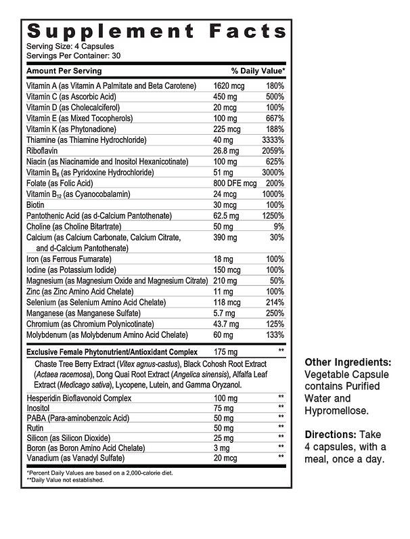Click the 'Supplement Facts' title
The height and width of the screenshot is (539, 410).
click(x=156, y=31)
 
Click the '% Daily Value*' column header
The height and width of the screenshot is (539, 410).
click(x=258, y=71)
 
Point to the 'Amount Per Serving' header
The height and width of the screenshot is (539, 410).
click(x=64, y=71)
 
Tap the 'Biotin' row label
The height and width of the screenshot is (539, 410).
click(x=36, y=205)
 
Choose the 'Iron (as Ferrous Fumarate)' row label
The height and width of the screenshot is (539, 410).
click(x=69, y=259)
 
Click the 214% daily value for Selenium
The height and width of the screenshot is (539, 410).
click(x=274, y=303)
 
